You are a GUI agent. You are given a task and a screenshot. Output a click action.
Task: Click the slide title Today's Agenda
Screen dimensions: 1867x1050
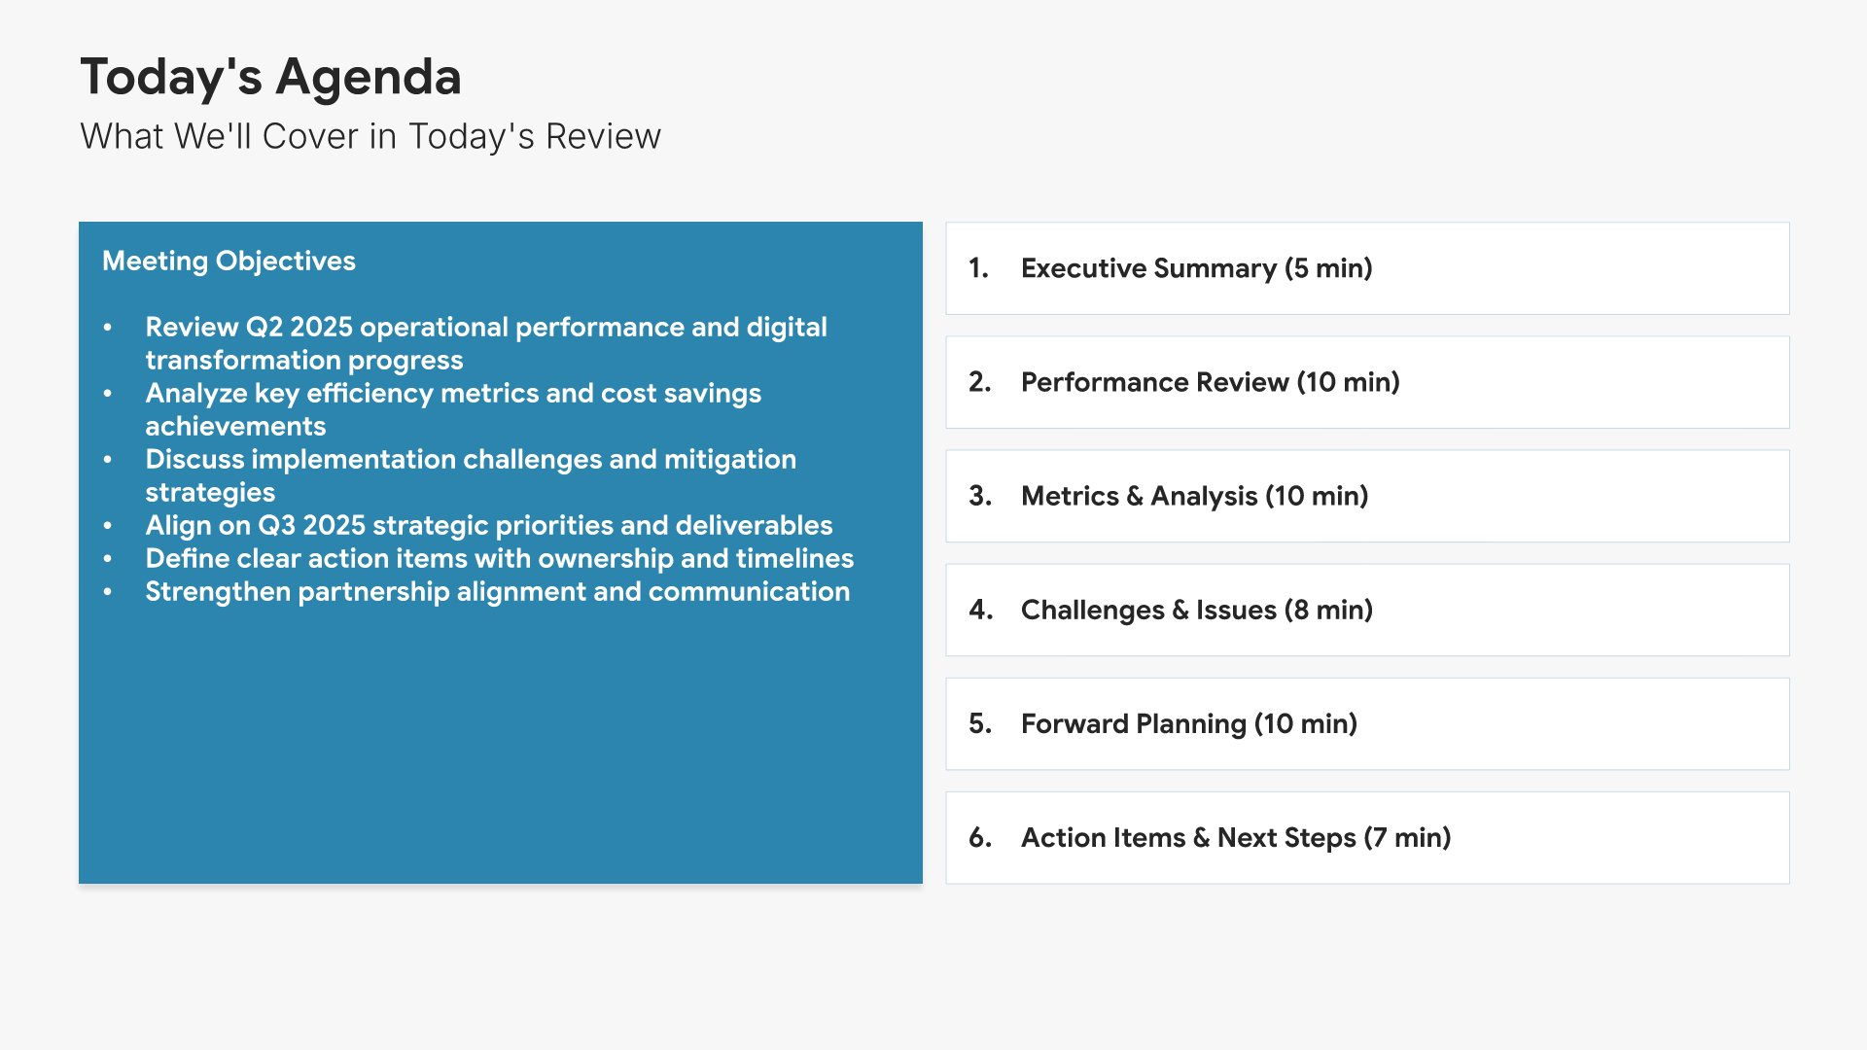pos(270,78)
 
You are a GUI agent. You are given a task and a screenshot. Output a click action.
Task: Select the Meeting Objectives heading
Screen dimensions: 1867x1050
pos(229,262)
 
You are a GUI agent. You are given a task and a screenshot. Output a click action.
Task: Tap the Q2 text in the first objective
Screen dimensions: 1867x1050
pos(264,328)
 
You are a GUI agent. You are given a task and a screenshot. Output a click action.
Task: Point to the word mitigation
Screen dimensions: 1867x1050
pos(730,460)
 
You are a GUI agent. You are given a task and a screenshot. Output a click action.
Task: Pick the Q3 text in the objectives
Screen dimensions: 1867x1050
pos(276,526)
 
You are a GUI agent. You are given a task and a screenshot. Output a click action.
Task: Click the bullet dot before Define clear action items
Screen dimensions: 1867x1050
pos(108,560)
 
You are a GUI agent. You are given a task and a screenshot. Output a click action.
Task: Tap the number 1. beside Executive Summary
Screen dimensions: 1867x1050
pos(978,268)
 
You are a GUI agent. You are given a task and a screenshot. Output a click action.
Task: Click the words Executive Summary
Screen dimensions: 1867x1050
pos(1148,269)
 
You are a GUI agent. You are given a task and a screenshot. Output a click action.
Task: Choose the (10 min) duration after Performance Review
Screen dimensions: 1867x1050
pos(1348,383)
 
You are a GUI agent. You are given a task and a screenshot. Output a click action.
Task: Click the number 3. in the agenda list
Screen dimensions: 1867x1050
pos(980,497)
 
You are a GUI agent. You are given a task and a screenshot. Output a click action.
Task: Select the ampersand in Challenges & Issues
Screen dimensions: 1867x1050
pos(1180,611)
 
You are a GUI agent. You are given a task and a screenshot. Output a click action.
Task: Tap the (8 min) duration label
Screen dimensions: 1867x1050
pos(1328,611)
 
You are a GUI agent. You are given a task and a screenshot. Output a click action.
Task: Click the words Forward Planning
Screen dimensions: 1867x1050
pos(1134,724)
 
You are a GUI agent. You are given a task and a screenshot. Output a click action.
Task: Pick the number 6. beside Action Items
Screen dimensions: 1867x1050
pos(980,838)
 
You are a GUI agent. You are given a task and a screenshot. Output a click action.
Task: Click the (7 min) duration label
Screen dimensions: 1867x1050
pos(1407,838)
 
